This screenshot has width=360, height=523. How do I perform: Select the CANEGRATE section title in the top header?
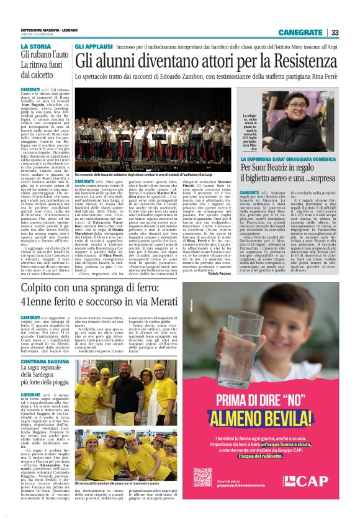pos(300,32)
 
